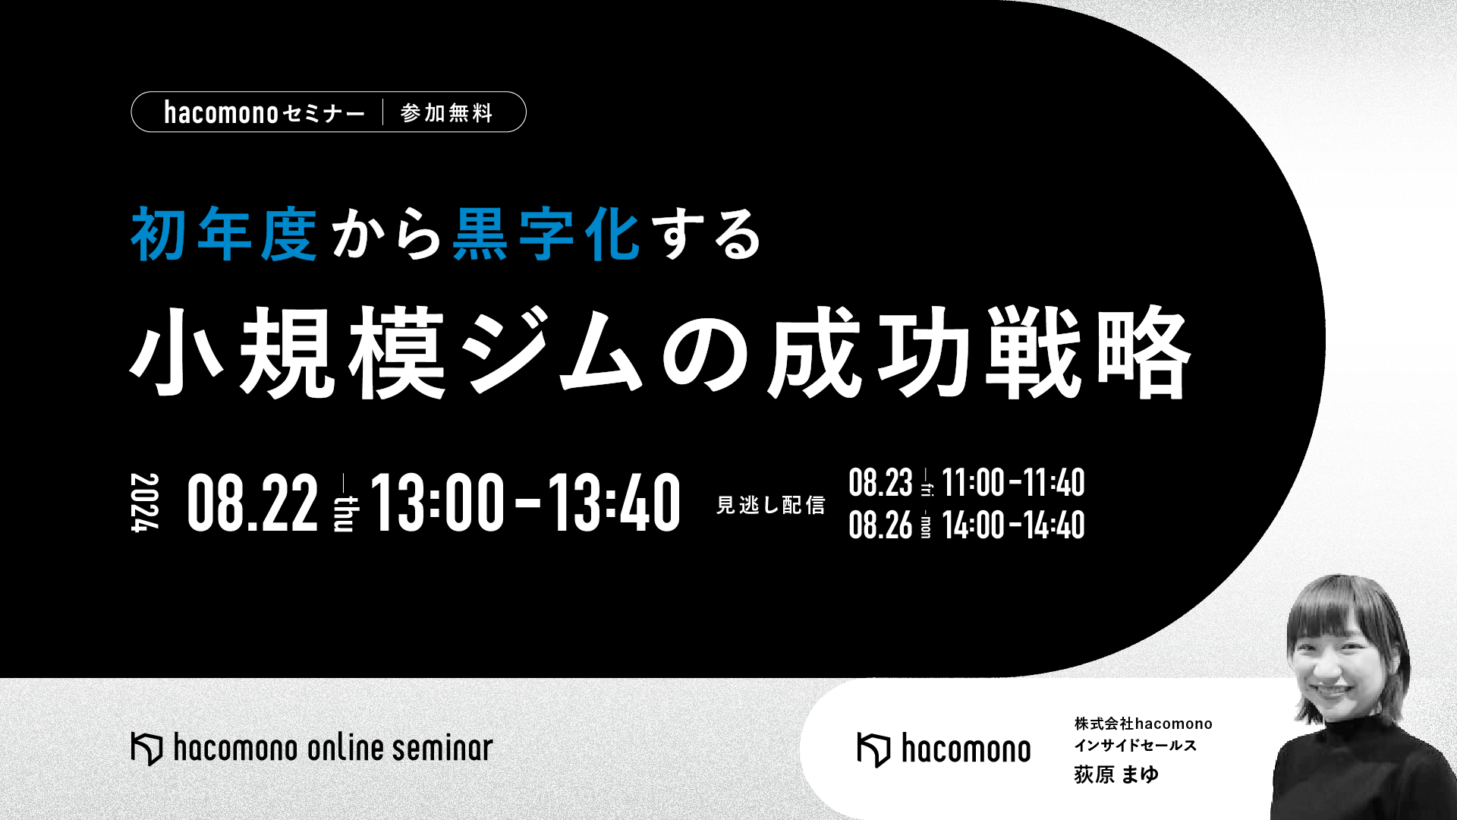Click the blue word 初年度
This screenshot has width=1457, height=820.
click(224, 235)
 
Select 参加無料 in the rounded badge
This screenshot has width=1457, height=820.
click(447, 113)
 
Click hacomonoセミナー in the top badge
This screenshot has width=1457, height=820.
click(265, 112)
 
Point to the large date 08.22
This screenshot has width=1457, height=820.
click(253, 502)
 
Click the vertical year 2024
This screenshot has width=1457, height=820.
click(144, 503)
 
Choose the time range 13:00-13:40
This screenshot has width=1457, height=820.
click(525, 502)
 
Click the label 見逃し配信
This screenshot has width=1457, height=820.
click(770, 505)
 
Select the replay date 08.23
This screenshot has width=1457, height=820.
click(880, 482)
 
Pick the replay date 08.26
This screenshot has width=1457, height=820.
click(880, 525)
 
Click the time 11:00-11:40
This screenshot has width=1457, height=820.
click(1013, 482)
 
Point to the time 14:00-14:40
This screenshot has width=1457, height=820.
click(1013, 525)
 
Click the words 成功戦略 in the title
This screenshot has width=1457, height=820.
click(979, 353)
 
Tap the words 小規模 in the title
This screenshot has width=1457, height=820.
click(288, 353)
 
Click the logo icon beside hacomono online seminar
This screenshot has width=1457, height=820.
click(146, 749)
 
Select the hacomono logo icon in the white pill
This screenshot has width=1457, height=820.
click(873, 750)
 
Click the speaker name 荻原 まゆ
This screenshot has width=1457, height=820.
click(1116, 774)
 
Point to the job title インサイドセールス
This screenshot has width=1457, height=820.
click(1135, 746)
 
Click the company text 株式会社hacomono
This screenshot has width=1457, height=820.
click(1143, 724)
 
